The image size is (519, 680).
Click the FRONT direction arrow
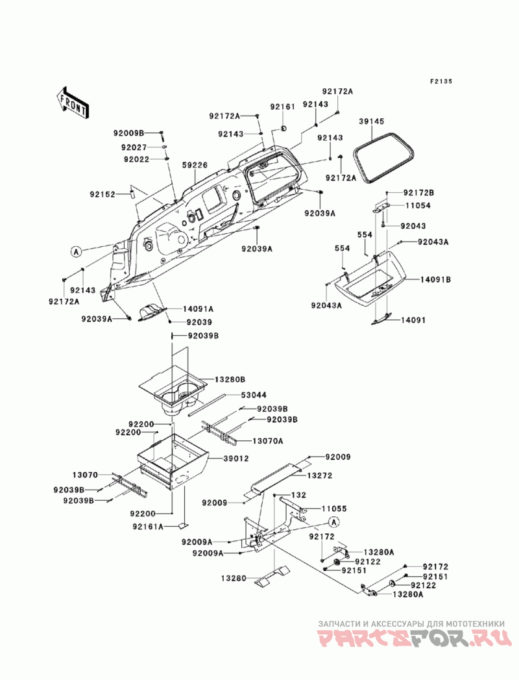pyautogui.click(x=73, y=103)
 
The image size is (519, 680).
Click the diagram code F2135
pyautogui.click(x=441, y=81)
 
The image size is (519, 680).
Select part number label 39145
pyautogui.click(x=371, y=121)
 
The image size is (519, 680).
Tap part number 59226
pyautogui.click(x=195, y=165)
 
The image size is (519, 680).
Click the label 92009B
pyautogui.click(x=128, y=134)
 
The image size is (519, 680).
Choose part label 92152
pyautogui.click(x=103, y=194)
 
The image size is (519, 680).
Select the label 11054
pyautogui.click(x=418, y=206)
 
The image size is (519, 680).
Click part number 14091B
pyautogui.click(x=435, y=280)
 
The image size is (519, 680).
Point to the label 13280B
pyautogui.click(x=230, y=379)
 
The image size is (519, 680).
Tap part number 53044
pyautogui.click(x=254, y=395)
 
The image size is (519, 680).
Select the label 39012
pyautogui.click(x=235, y=459)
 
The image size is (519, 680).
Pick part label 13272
pyautogui.click(x=320, y=475)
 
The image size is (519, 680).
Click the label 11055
pyautogui.click(x=334, y=509)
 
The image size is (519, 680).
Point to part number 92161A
pyautogui.click(x=148, y=527)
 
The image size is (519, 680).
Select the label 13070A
pyautogui.click(x=268, y=441)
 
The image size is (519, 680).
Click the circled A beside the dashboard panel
pyautogui.click(x=77, y=251)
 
